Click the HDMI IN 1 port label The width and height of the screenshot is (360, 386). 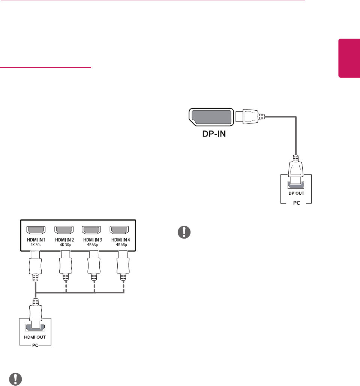tap(36, 239)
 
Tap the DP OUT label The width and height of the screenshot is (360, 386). tap(296, 193)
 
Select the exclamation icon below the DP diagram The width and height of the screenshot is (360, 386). tap(184, 232)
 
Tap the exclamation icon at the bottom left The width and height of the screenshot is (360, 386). tap(14, 379)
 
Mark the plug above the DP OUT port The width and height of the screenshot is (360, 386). tap(296, 169)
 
